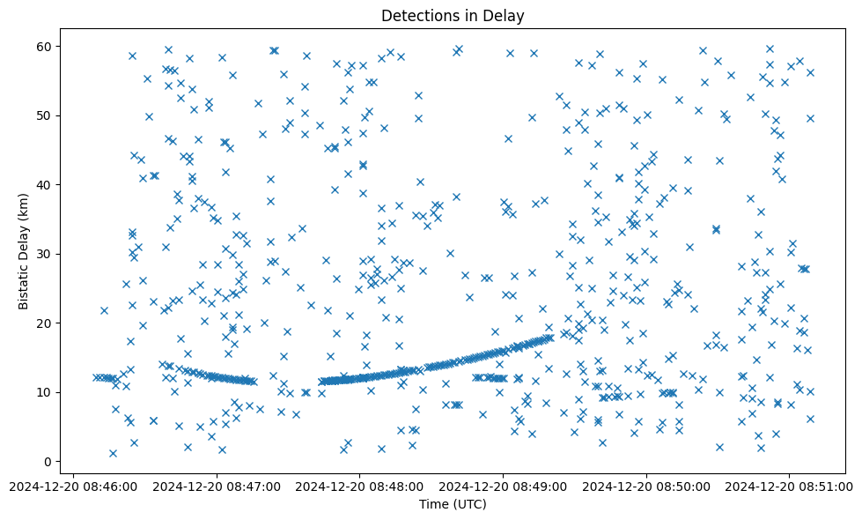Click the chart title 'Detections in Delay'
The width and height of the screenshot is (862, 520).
(452, 15)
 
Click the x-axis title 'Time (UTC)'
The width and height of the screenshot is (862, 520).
(452, 504)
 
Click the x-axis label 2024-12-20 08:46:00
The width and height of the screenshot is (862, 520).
(73, 485)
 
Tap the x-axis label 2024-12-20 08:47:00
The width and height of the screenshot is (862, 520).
(217, 485)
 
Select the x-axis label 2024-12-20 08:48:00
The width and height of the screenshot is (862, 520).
(360, 485)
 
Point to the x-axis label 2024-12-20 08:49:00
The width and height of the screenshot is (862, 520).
(504, 485)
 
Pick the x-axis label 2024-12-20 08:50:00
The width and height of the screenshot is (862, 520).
(647, 485)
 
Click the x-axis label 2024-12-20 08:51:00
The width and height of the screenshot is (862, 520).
(790, 485)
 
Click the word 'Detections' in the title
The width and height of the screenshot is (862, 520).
(417, 15)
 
